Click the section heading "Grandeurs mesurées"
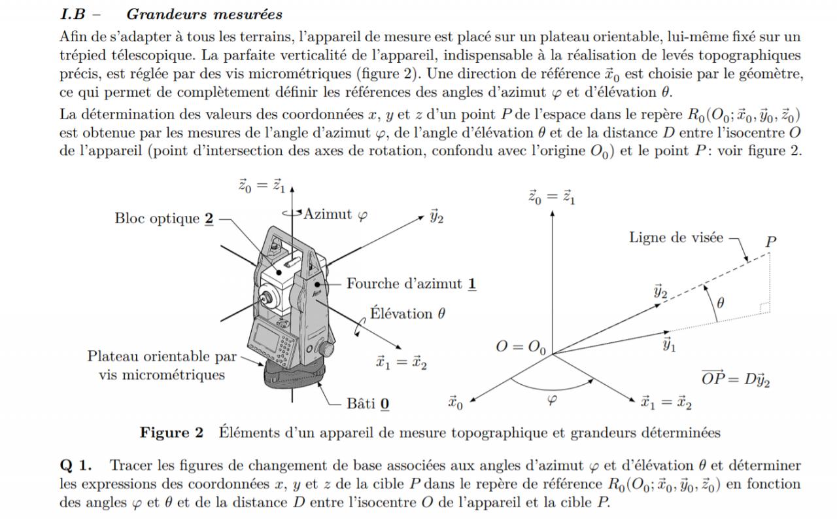[x=204, y=14]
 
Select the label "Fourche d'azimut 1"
[x=411, y=284]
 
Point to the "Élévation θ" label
[x=407, y=313]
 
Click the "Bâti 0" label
[x=368, y=403]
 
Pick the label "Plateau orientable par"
[x=162, y=356]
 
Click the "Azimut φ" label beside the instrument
[x=335, y=214]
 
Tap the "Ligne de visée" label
[x=676, y=237]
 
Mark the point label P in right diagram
[x=771, y=242]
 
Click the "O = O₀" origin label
[x=521, y=346]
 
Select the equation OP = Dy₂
[x=735, y=379]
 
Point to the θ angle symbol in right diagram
[x=721, y=302]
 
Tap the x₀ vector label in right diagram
[x=456, y=402]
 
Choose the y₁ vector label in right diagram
[x=668, y=345]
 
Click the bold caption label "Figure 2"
[x=172, y=433]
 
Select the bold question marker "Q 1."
[x=76, y=466]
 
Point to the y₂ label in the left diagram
[x=436, y=217]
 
